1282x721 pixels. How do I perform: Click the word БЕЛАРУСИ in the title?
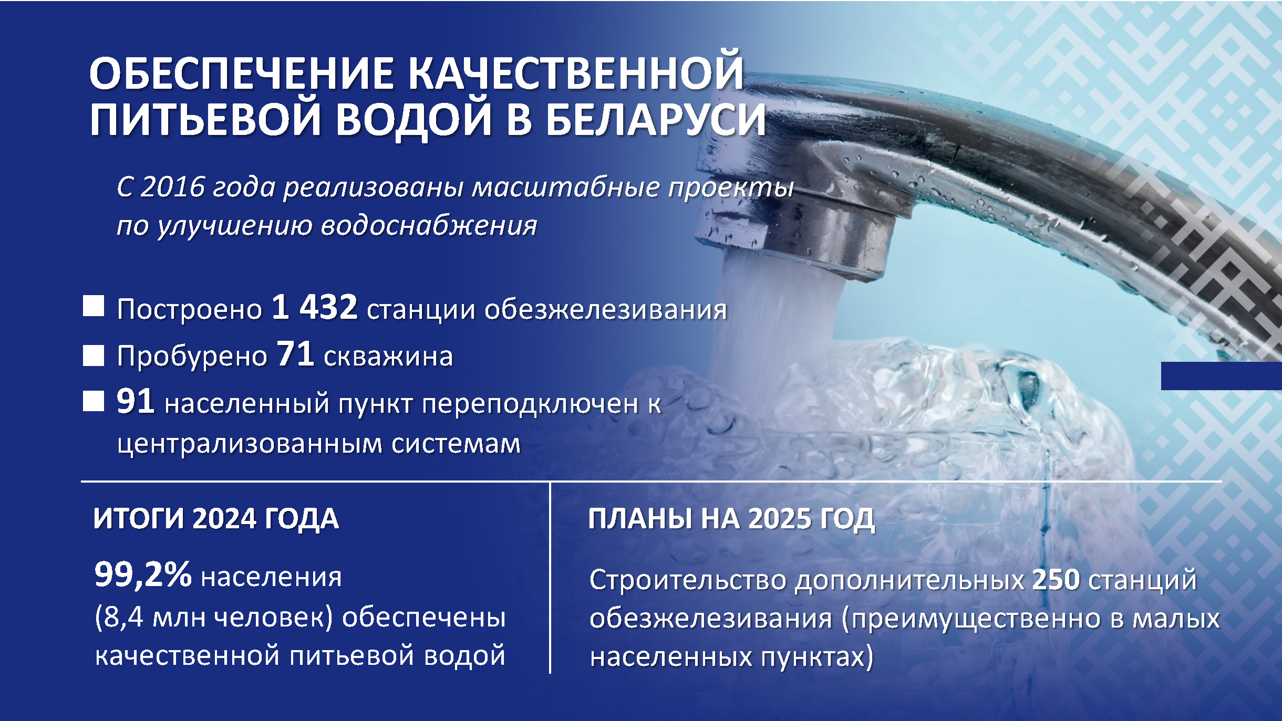655,119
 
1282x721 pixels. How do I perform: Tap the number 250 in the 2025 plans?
1056,580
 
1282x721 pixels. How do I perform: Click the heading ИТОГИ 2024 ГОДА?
216,519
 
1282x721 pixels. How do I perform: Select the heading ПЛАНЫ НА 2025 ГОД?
731,519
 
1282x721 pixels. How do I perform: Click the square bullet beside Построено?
94,306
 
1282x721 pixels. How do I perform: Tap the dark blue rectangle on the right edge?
1221,376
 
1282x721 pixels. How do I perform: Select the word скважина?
388,357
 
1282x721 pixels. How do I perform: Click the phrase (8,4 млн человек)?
214,618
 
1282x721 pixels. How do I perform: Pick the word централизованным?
250,444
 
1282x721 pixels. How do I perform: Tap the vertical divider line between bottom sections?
550,578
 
